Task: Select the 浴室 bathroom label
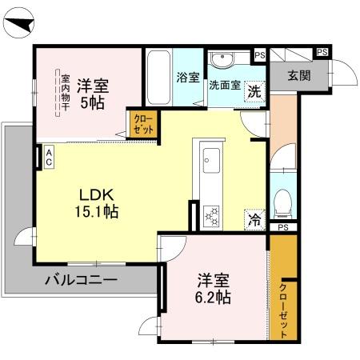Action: pos(188,78)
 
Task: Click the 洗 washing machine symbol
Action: pos(254,90)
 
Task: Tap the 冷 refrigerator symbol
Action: pos(254,217)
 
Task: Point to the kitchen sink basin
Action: pos(211,158)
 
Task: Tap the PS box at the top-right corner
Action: pos(322,53)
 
